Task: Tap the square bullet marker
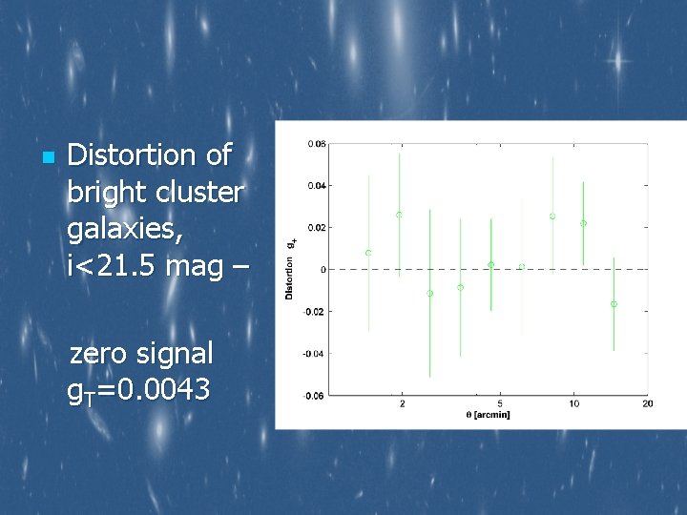pyautogui.click(x=46, y=156)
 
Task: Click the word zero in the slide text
pyautogui.click(x=99, y=353)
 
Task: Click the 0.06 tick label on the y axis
pyautogui.click(x=316, y=144)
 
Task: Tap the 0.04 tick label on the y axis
pyautogui.click(x=316, y=186)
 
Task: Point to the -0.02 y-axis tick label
pyautogui.click(x=315, y=312)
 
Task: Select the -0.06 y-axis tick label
pyautogui.click(x=315, y=395)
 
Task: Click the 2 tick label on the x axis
pyautogui.click(x=402, y=404)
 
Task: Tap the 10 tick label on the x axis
pyautogui.click(x=573, y=404)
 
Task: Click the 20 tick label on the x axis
pyautogui.click(x=647, y=404)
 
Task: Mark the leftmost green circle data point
pyautogui.click(x=368, y=253)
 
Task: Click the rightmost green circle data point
pyautogui.click(x=614, y=304)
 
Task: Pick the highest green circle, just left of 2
pyautogui.click(x=399, y=215)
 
